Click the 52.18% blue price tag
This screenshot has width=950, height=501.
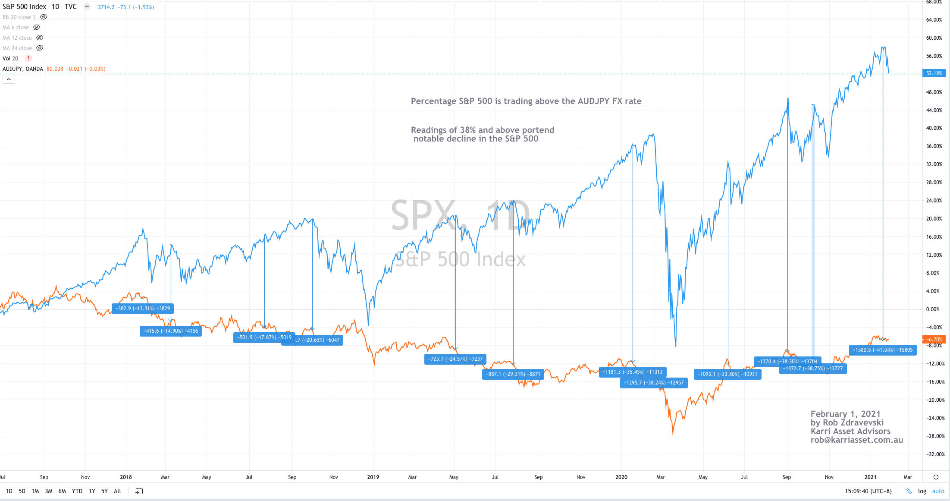[x=934, y=73]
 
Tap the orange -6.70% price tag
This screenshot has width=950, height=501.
[x=934, y=340]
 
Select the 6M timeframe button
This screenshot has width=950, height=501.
[x=62, y=491]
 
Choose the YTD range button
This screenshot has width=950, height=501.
[x=77, y=491]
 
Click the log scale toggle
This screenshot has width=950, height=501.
[x=922, y=491]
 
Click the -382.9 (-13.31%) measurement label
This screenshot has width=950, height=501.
[x=143, y=309]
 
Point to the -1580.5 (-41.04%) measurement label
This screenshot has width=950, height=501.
[x=883, y=350]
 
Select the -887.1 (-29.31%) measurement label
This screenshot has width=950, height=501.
[x=513, y=374]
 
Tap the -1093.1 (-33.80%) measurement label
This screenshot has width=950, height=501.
[x=727, y=374]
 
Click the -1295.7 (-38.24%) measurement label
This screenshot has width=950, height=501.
[x=653, y=383]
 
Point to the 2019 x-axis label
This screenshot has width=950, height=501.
[x=373, y=477]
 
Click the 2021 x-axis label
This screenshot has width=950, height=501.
[x=870, y=477]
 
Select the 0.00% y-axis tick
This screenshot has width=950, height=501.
[x=933, y=309]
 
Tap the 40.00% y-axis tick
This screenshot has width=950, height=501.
[x=934, y=128]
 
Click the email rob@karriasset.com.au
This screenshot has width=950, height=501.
[x=856, y=440]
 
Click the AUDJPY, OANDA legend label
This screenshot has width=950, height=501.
[x=23, y=69]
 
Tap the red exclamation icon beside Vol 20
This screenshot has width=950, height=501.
[x=28, y=58]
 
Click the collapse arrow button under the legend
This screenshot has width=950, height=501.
[x=9, y=79]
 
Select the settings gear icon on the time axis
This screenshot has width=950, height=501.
[x=936, y=477]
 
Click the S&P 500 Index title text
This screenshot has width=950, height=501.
[x=25, y=7]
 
